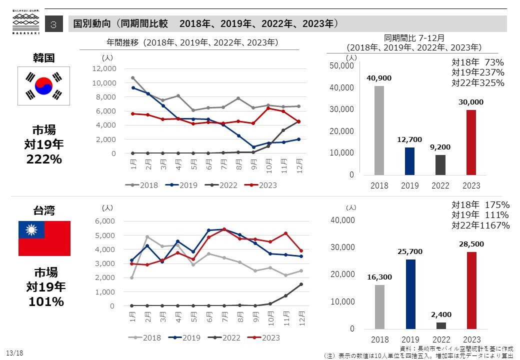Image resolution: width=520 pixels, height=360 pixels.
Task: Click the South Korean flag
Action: tap(44, 85)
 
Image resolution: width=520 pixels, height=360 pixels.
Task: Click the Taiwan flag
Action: tap(44, 238)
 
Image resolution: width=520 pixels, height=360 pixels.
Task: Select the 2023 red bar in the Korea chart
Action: tap(471, 142)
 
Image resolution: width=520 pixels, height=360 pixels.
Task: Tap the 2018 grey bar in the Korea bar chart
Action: tap(379, 130)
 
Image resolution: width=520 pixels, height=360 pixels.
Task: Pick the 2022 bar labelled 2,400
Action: tap(440, 325)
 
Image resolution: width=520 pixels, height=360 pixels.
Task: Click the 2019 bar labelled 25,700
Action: tap(409, 294)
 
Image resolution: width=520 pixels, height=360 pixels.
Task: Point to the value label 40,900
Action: tap(379, 78)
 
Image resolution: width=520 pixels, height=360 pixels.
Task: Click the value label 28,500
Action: tap(471, 244)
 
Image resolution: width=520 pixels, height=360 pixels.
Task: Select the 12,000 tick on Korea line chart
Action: tap(104, 68)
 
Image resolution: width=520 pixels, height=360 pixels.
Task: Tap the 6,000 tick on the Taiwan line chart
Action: tap(105, 221)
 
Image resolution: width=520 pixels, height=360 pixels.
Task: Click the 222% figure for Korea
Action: tap(44, 159)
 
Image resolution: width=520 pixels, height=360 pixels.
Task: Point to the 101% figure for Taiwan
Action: tap(45, 301)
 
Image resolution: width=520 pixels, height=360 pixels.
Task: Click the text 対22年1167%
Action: tap(480, 225)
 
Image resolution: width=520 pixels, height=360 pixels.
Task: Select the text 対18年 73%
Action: tap(477, 62)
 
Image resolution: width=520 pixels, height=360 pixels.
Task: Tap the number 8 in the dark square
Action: tap(54, 24)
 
